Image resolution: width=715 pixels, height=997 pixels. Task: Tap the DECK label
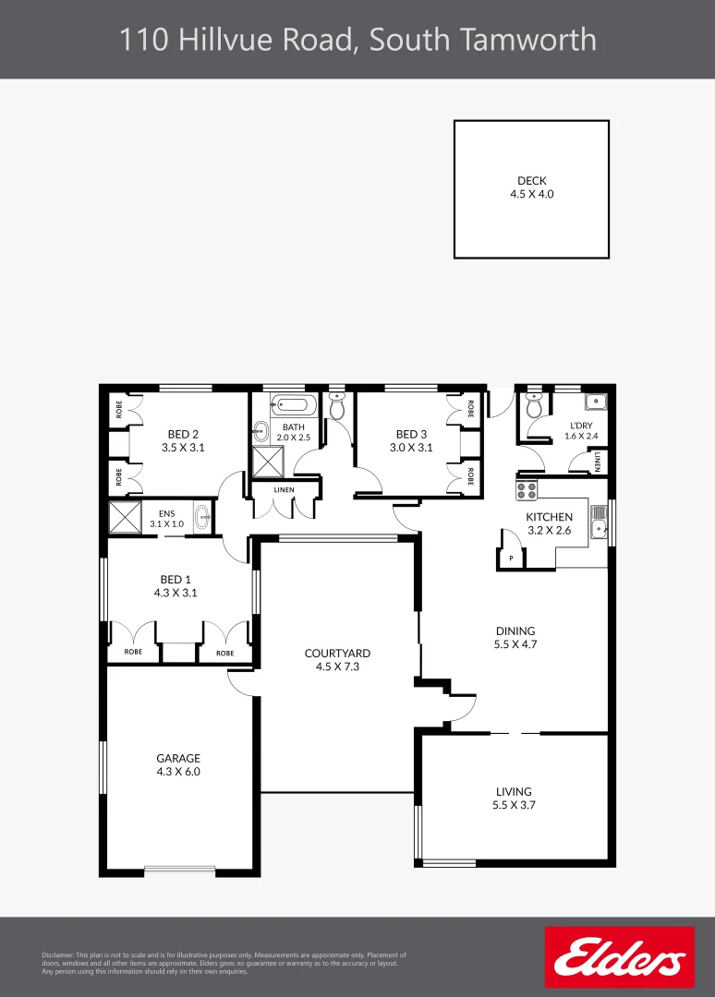(531, 181)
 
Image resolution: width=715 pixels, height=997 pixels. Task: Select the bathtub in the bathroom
(294, 404)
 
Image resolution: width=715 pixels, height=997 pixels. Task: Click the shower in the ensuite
(123, 516)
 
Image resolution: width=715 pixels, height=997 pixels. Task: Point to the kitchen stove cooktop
(527, 491)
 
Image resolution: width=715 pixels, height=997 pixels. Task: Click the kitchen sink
(600, 529)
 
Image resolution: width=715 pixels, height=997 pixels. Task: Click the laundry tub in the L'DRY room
(596, 402)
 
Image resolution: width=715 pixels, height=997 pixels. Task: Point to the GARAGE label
(178, 758)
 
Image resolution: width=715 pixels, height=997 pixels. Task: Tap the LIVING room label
(514, 791)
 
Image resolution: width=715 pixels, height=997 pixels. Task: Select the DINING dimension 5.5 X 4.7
(515, 644)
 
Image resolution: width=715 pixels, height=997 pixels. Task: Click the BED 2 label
(183, 434)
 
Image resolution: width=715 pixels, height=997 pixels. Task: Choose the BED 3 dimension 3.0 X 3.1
(411, 447)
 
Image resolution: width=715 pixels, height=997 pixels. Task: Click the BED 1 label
(176, 580)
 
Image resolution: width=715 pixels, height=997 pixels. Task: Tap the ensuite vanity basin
(200, 516)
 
